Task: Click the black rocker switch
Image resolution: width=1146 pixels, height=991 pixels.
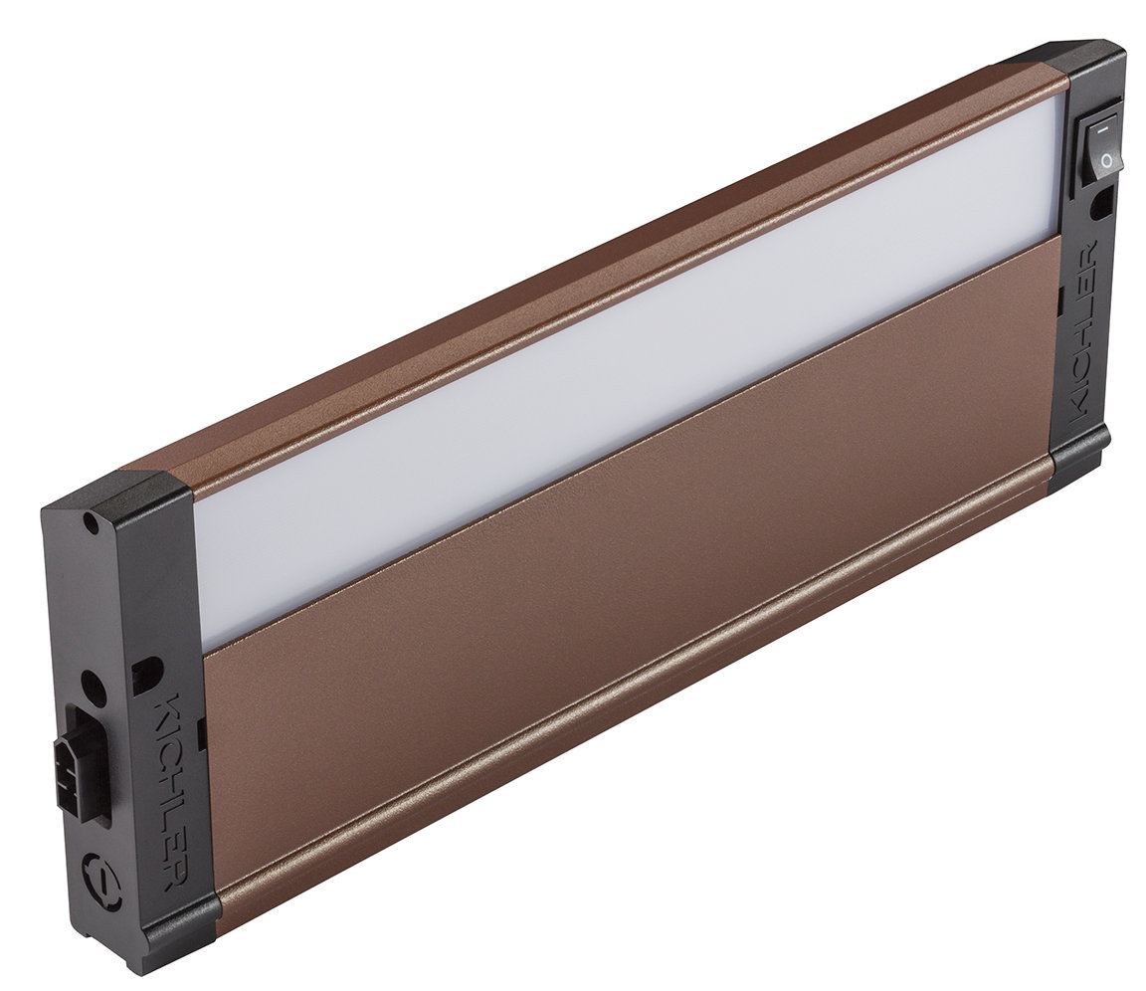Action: coord(1100,145)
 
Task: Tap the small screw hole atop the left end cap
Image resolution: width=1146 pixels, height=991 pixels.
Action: coord(91,519)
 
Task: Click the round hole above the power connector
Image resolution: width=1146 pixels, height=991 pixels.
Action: coord(91,684)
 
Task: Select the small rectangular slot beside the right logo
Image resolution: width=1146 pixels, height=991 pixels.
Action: coord(1060,297)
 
